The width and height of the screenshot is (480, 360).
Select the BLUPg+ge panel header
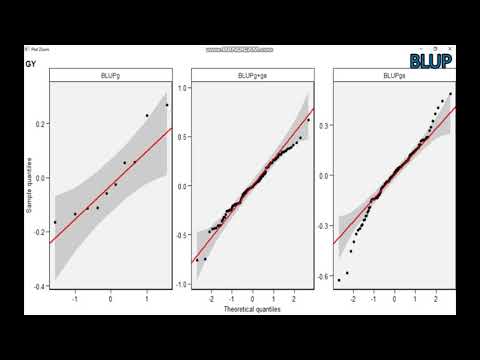tap(252, 75)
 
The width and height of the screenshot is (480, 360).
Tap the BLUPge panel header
tap(393, 75)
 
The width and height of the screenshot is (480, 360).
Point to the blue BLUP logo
tap(432, 60)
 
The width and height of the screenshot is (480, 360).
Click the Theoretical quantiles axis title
tap(252, 309)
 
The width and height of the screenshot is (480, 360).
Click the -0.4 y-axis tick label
tap(41, 287)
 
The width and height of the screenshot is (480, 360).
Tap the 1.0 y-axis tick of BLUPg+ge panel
tap(184, 88)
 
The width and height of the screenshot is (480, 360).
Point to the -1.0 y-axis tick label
tap(183, 284)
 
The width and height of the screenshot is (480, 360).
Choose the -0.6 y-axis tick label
tap(325, 276)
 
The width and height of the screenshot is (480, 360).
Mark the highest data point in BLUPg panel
tap(167, 104)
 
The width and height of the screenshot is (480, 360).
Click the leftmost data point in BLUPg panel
tap(56, 222)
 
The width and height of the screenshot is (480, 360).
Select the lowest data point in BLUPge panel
tap(339, 280)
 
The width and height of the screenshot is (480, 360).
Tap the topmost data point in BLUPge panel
tap(450, 94)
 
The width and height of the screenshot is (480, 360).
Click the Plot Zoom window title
tap(38, 48)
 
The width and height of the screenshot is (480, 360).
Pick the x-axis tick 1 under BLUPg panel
tap(146, 298)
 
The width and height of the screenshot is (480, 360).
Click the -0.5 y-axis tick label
tap(183, 235)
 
